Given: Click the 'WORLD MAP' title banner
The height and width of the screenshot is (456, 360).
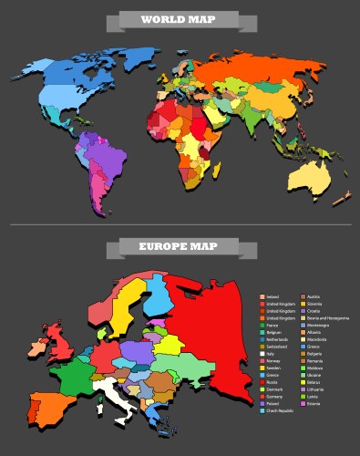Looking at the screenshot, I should point(179,19).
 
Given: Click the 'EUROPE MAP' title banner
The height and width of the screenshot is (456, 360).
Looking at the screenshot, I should point(179,246).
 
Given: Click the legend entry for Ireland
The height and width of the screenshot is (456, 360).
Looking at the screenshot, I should point(271,296).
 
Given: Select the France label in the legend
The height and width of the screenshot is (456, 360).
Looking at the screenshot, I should point(270,326).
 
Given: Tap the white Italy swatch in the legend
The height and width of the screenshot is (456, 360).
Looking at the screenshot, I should point(262,354).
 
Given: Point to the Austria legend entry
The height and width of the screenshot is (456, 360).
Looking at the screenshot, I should point(313,296).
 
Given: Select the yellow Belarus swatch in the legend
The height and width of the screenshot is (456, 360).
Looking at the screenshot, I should point(303,383).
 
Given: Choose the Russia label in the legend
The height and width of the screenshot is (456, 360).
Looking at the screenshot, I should point(270,382).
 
